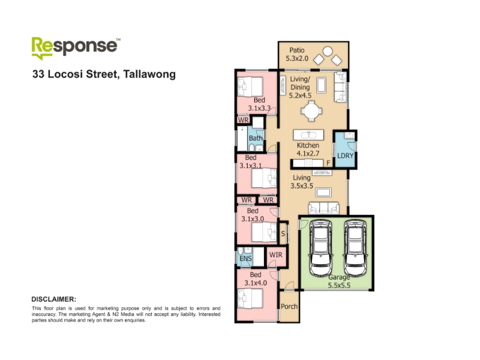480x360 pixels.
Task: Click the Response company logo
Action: [x=76, y=48]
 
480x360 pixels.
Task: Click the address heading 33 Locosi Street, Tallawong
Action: [x=104, y=74]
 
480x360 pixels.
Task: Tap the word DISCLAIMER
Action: [x=54, y=299]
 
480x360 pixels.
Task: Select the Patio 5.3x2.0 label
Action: [x=297, y=54]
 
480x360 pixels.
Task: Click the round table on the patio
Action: [x=328, y=51]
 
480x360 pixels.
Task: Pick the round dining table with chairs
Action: [x=311, y=111]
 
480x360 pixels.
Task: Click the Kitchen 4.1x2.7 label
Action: [x=308, y=149]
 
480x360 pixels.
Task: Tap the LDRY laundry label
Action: [x=345, y=155]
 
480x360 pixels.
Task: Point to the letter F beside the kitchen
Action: [x=328, y=163]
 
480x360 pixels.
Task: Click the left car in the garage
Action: [x=320, y=248]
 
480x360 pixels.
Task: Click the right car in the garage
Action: [x=355, y=248]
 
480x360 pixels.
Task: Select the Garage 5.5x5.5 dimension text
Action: [x=339, y=281]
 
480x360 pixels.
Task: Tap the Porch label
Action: [x=289, y=307]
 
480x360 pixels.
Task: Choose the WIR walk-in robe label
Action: [x=275, y=254]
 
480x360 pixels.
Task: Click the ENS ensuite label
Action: [x=245, y=259]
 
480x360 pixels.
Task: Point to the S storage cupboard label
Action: [x=283, y=233]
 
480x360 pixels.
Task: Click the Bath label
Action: [x=256, y=138]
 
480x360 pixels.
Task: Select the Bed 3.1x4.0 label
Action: [x=256, y=279]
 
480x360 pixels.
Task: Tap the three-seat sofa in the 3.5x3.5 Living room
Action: [x=323, y=208]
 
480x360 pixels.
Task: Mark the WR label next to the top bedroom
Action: [x=244, y=120]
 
